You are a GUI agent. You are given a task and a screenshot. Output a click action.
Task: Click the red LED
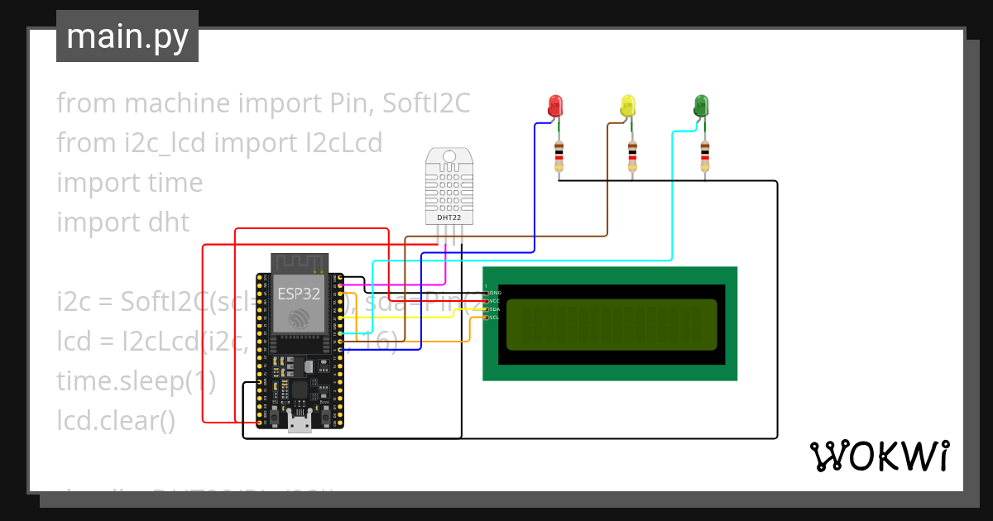pyautogui.click(x=554, y=105)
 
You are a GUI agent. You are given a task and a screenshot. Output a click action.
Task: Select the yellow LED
pyautogui.click(x=628, y=105)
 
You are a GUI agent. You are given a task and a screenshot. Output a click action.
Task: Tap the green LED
pyautogui.click(x=701, y=105)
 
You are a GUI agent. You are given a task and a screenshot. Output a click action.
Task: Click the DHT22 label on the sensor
pyautogui.click(x=449, y=217)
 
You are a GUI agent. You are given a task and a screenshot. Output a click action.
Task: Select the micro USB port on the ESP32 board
pyautogui.click(x=299, y=425)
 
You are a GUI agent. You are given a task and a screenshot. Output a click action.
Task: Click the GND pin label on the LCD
pyautogui.click(x=495, y=293)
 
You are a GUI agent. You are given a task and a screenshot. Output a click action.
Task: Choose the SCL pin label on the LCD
pyautogui.click(x=494, y=318)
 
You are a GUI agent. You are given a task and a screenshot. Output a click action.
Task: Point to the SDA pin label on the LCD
pyautogui.click(x=494, y=309)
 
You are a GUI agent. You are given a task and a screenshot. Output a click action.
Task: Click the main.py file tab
pyautogui.click(x=127, y=36)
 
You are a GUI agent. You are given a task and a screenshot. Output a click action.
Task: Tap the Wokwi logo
pyautogui.click(x=879, y=456)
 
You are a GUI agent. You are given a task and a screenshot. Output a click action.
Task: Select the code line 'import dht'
pyautogui.click(x=122, y=222)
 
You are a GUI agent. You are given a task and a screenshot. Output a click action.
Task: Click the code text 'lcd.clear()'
pyautogui.click(x=116, y=421)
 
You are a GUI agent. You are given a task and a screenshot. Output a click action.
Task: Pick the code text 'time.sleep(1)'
pyautogui.click(x=136, y=381)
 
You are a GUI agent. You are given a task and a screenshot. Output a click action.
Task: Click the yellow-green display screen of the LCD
pyautogui.click(x=612, y=323)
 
